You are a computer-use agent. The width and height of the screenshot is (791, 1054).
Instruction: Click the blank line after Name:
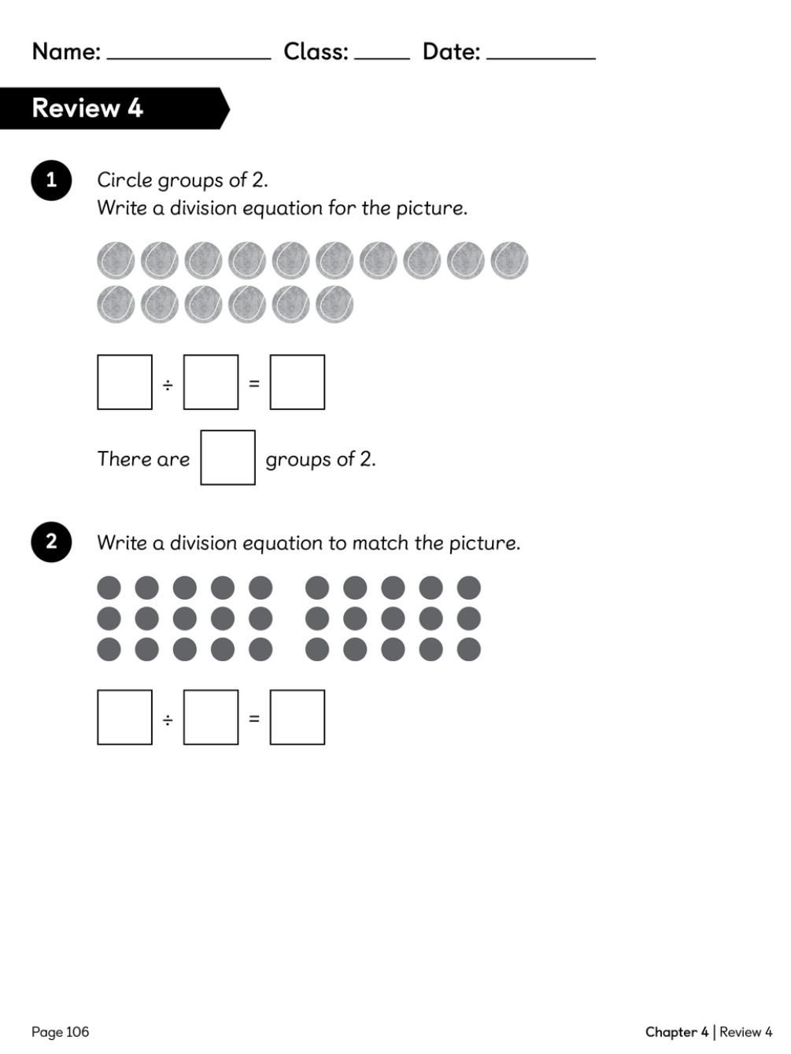click(x=189, y=58)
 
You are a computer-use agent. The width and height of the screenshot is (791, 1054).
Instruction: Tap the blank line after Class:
click(x=382, y=58)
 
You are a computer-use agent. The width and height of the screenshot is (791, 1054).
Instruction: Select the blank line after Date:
click(x=541, y=58)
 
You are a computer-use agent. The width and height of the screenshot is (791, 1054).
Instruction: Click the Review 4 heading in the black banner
click(x=87, y=108)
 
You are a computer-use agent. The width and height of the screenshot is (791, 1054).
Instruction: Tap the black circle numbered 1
click(x=51, y=180)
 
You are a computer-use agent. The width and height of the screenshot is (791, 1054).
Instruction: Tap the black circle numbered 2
click(x=51, y=542)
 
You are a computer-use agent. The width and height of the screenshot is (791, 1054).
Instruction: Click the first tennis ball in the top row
click(x=116, y=261)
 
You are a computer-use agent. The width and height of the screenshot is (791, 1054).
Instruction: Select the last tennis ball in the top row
click(x=509, y=261)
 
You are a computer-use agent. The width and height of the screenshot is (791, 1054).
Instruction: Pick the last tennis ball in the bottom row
click(x=335, y=305)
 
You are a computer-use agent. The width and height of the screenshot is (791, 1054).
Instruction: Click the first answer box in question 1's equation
click(x=125, y=383)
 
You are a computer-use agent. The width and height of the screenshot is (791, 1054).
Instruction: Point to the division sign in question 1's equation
click(x=168, y=385)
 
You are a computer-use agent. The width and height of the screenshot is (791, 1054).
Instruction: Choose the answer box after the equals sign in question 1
click(x=297, y=383)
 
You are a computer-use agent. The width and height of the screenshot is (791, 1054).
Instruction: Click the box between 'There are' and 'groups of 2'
click(x=227, y=457)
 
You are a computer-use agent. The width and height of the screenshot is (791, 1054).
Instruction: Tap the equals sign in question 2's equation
click(x=254, y=719)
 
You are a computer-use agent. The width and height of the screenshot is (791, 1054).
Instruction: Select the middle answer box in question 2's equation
click(x=211, y=717)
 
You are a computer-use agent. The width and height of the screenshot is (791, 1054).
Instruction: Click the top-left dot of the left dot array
click(x=109, y=588)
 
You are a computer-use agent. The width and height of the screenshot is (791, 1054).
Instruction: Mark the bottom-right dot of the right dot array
click(x=469, y=649)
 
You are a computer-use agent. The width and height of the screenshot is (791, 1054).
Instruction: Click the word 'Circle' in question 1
click(x=125, y=180)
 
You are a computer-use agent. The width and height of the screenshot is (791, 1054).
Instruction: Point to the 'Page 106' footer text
click(x=61, y=1031)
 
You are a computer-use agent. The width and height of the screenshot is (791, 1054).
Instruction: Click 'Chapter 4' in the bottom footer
click(x=677, y=1031)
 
